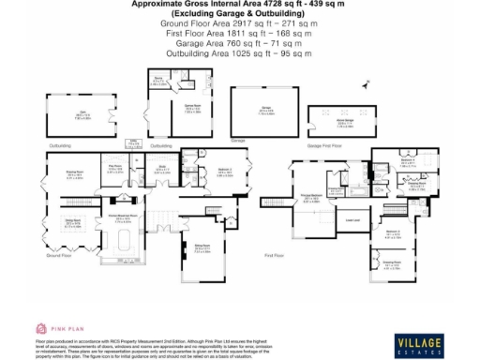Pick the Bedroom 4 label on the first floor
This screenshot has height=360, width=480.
click(407, 160)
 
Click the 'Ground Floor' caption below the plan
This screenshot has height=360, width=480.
click(59, 255)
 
